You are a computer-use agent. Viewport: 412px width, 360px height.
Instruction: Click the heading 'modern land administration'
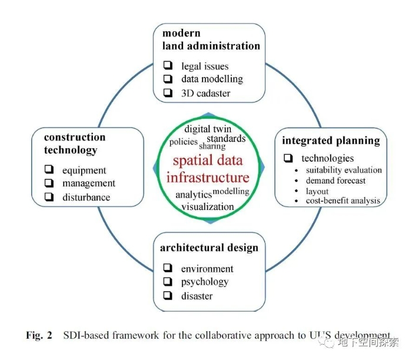point(211,39)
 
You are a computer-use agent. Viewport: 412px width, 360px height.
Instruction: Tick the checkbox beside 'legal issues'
point(168,66)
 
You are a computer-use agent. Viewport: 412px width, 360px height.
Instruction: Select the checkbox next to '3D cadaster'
point(168,92)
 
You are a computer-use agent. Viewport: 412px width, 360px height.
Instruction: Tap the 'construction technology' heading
point(74,144)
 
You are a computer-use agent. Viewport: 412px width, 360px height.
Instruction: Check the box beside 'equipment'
point(49,170)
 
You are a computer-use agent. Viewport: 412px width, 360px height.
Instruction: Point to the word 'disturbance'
point(86,197)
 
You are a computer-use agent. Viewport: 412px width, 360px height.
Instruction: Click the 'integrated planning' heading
point(331,141)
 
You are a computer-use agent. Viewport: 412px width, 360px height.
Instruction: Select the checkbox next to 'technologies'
point(288,158)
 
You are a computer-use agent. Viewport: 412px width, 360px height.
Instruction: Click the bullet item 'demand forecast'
point(335,181)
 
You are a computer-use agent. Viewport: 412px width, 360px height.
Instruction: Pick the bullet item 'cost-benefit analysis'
point(343,201)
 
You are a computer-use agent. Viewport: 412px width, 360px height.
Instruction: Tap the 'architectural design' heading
point(209,248)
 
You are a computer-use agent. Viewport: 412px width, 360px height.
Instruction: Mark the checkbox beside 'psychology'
point(168,281)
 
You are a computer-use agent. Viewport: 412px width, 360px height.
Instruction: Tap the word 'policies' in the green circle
point(183,142)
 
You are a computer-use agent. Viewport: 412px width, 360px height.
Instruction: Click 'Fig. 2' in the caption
point(39,335)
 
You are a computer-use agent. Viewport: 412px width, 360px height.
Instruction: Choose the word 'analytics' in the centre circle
point(193,195)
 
